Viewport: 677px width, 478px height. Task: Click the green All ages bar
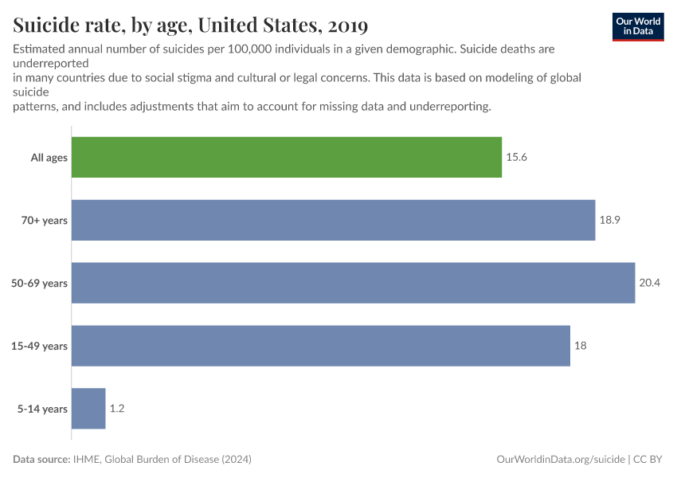(x=287, y=157)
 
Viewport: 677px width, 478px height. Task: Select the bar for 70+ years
(x=333, y=220)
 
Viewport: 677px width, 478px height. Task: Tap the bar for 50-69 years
(x=353, y=283)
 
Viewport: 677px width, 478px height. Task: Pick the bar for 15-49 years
(x=320, y=346)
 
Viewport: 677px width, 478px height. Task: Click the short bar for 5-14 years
(x=88, y=409)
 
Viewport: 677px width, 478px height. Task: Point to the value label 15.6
(x=516, y=157)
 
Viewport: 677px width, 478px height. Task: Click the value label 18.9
(x=609, y=220)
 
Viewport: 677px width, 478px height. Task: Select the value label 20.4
(x=649, y=283)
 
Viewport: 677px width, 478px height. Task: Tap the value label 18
(x=580, y=346)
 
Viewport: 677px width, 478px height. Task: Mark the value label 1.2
(x=116, y=409)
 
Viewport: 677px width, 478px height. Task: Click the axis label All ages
(x=49, y=158)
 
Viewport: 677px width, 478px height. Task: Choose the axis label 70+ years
(x=45, y=221)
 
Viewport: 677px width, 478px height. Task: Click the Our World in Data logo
(x=638, y=26)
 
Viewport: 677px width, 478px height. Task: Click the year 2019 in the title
(x=345, y=25)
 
